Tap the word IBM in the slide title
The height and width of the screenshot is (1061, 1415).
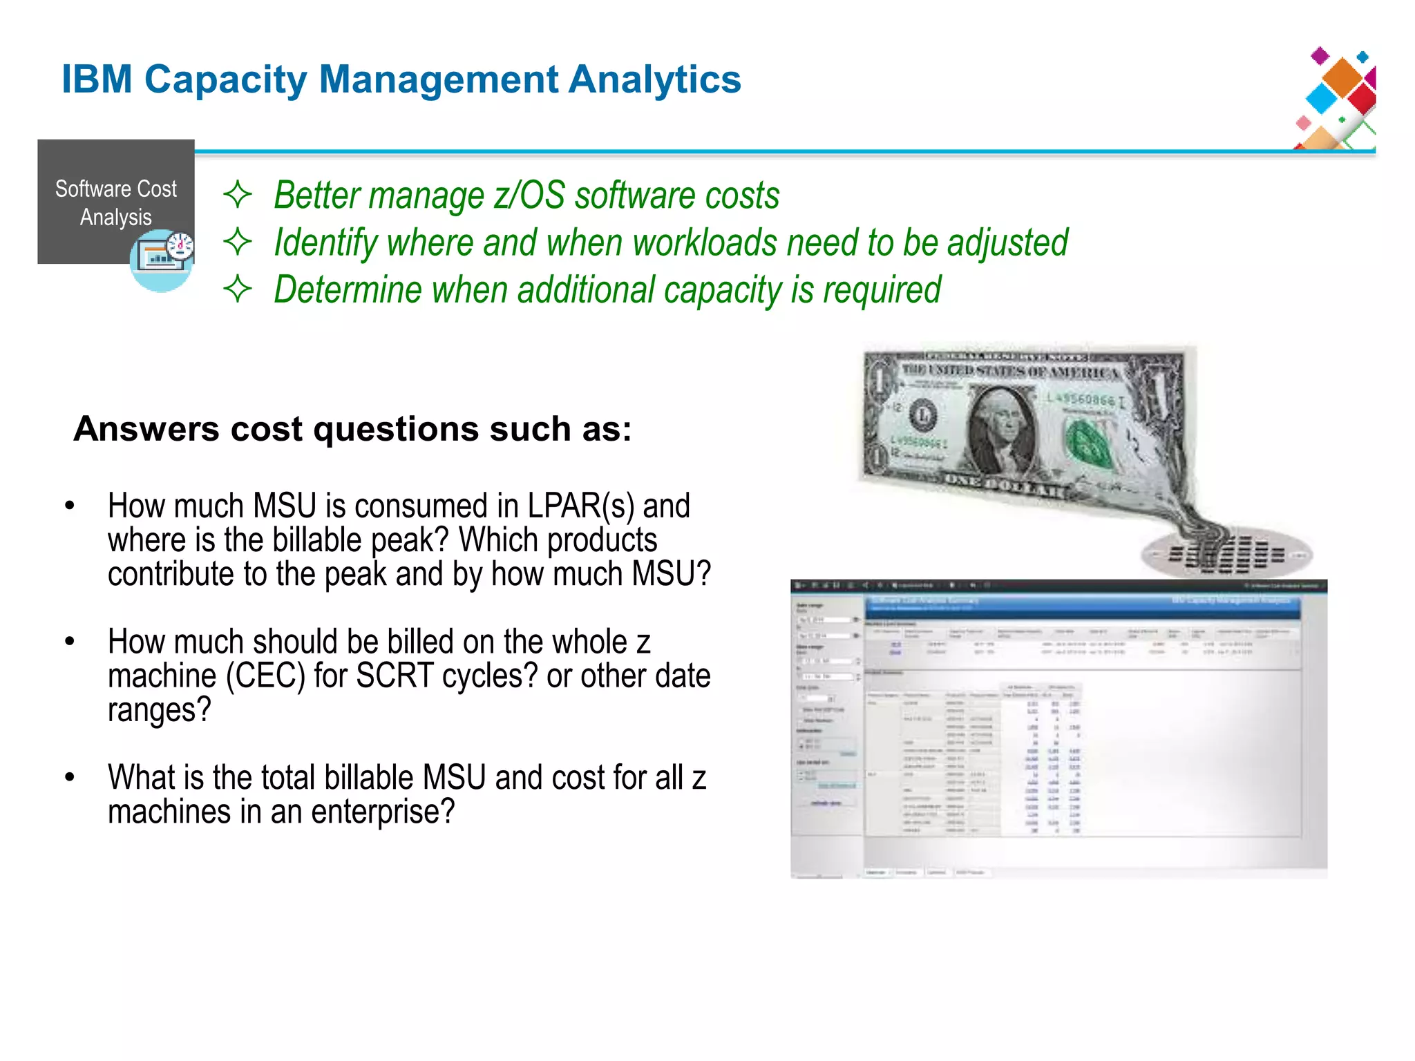[97, 79]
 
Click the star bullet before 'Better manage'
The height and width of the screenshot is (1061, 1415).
[238, 195]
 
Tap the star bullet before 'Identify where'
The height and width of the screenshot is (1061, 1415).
[238, 242]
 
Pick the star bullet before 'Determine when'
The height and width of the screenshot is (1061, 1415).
[238, 289]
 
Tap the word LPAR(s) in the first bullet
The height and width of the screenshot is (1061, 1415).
[580, 506]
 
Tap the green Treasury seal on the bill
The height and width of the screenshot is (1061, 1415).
[1088, 442]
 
